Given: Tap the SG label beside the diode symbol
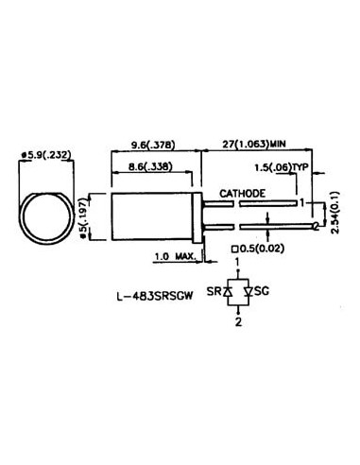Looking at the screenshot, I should [265, 292].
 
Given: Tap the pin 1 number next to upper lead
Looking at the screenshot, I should [300, 201].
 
